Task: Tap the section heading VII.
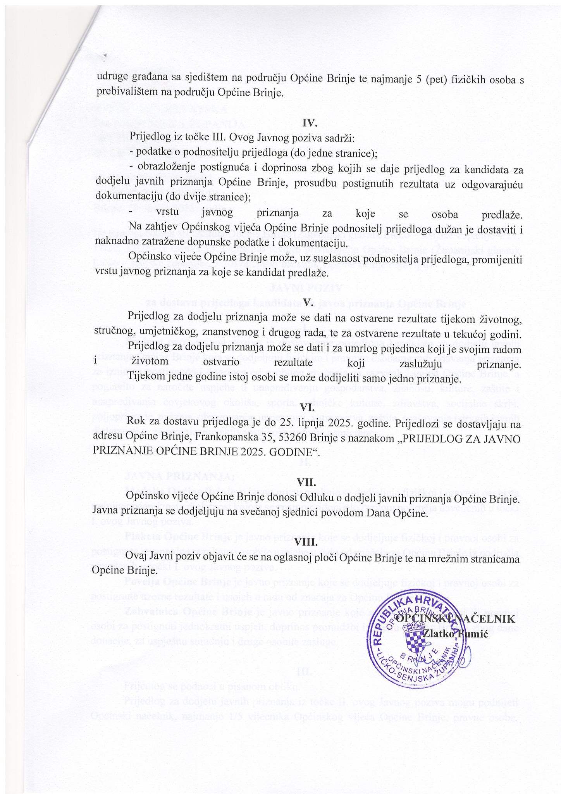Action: click(307, 482)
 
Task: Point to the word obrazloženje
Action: click(163, 168)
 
